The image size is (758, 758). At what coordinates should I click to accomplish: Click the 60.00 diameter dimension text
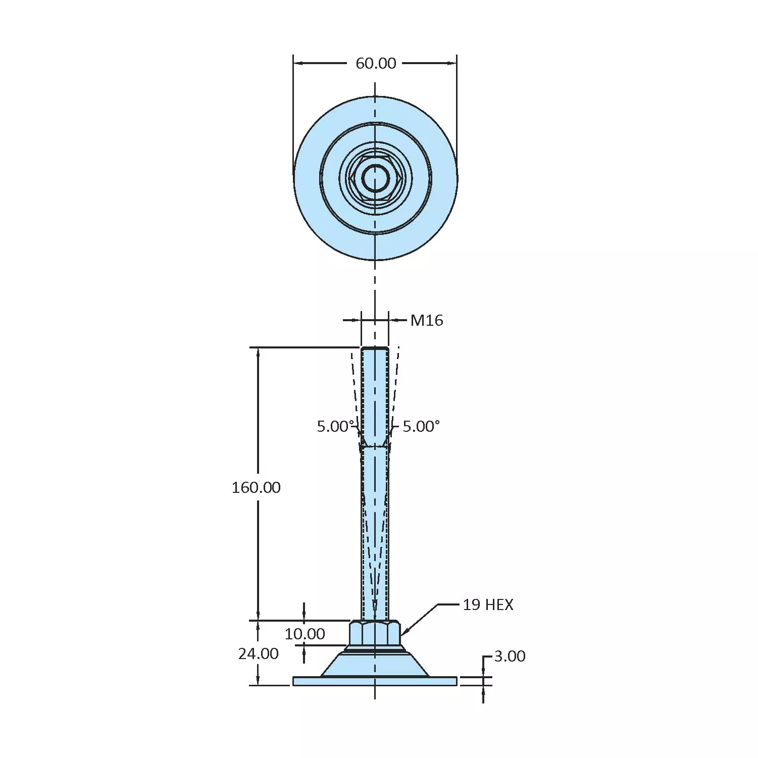(375, 63)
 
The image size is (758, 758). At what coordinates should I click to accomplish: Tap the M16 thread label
(426, 320)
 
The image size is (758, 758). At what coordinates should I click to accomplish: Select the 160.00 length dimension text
(256, 487)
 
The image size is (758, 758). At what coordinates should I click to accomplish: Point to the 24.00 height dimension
(258, 653)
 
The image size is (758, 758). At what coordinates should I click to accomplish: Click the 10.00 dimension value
(305, 634)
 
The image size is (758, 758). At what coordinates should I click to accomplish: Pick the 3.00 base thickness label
(509, 656)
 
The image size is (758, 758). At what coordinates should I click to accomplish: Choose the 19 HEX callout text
(487, 604)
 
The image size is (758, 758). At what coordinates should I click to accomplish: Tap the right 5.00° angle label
(421, 426)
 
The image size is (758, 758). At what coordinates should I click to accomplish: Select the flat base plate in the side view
(375, 681)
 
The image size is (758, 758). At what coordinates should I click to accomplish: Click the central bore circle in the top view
(375, 178)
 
